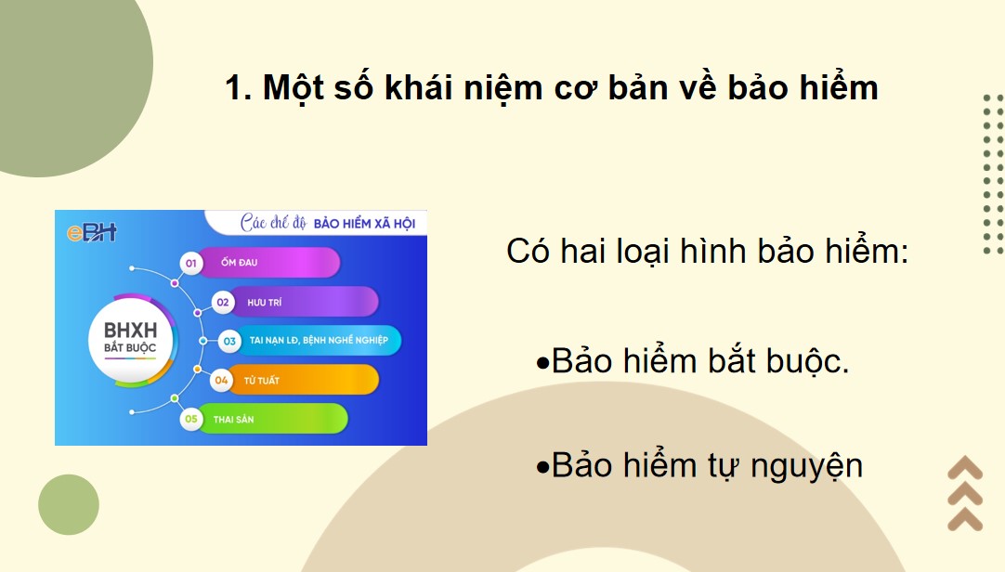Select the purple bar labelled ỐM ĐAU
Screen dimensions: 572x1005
269,263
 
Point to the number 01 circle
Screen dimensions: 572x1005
192,264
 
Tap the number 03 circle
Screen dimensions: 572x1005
229,341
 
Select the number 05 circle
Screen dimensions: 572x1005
192,419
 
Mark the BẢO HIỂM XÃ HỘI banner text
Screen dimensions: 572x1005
364,224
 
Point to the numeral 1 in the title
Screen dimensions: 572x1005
234,89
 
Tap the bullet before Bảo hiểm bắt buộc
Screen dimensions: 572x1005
543,363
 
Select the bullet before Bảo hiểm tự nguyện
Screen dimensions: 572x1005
543,466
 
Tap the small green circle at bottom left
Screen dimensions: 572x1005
68,504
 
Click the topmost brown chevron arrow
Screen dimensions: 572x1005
965,467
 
